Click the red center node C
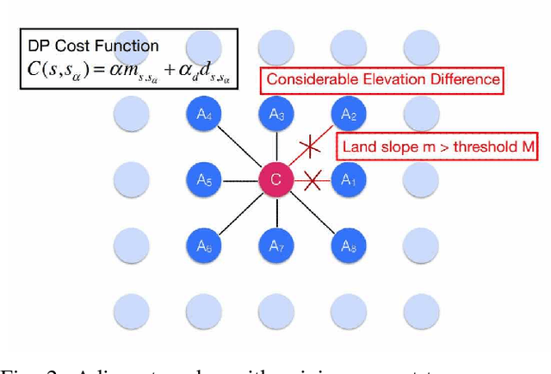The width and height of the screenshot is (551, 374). click(x=276, y=180)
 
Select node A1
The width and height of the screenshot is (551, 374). click(x=348, y=180)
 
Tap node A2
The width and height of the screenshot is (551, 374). click(x=348, y=113)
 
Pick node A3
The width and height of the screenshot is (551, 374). click(x=276, y=113)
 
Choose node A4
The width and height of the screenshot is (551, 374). click(x=204, y=113)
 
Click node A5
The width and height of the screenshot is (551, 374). click(x=204, y=180)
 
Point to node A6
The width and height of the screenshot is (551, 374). click(x=204, y=246)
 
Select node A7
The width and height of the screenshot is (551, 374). click(x=276, y=246)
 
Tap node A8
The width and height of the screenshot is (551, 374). click(x=348, y=246)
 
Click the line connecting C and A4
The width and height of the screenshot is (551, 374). click(x=239, y=146)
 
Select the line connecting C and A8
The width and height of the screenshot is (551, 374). click(x=313, y=214)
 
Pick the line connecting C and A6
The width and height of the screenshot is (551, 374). click(x=239, y=214)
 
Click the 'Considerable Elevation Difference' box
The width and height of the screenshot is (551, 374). click(x=382, y=79)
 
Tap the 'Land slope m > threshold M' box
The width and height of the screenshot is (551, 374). click(x=437, y=147)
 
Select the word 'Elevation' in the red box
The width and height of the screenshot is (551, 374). click(x=394, y=79)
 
